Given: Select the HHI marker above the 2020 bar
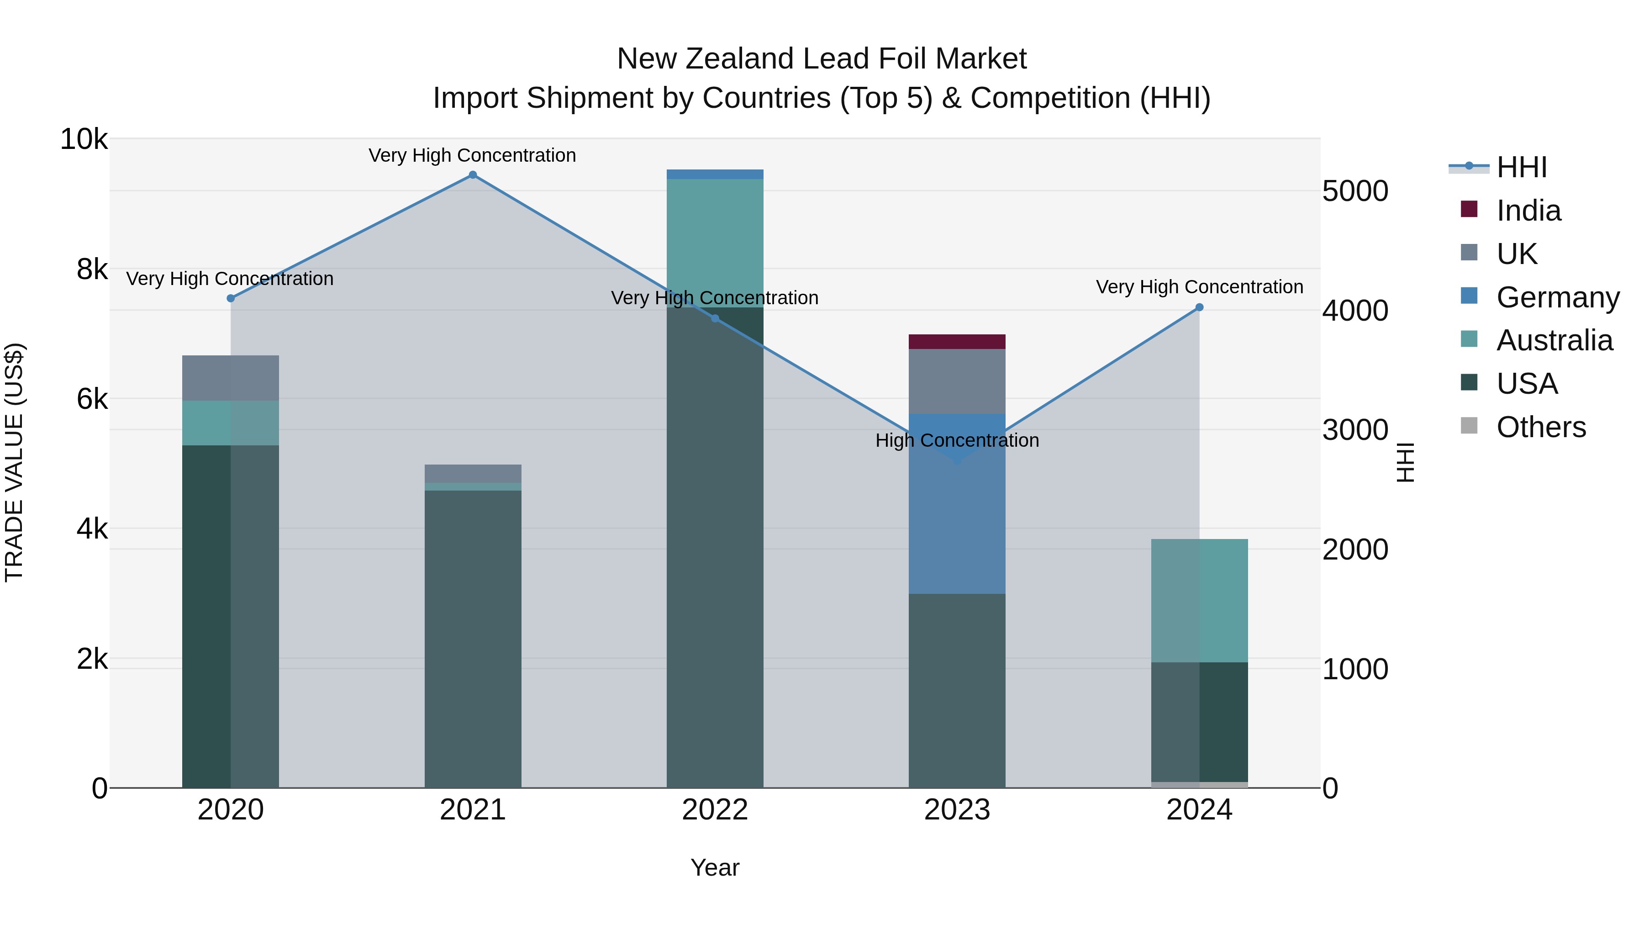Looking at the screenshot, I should click(x=231, y=298).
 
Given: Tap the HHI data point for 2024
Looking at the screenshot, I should click(x=1199, y=307).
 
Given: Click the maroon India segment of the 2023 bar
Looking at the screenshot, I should click(x=957, y=342).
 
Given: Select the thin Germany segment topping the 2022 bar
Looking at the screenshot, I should click(x=715, y=174).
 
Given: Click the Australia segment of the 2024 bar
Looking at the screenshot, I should click(x=1199, y=600).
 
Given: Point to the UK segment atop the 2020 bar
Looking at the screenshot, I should click(x=231, y=378).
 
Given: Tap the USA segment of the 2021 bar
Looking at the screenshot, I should click(x=473, y=639).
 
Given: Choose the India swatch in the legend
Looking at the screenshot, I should click(x=1469, y=209).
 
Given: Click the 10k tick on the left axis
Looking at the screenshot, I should click(x=84, y=139).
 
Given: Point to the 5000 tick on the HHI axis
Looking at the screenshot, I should click(x=1355, y=191).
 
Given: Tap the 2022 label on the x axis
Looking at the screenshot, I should click(x=715, y=810).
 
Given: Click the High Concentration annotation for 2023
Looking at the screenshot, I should click(x=957, y=440).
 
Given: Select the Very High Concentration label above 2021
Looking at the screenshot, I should click(x=472, y=156).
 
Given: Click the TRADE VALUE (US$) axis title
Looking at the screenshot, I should click(x=15, y=462).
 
